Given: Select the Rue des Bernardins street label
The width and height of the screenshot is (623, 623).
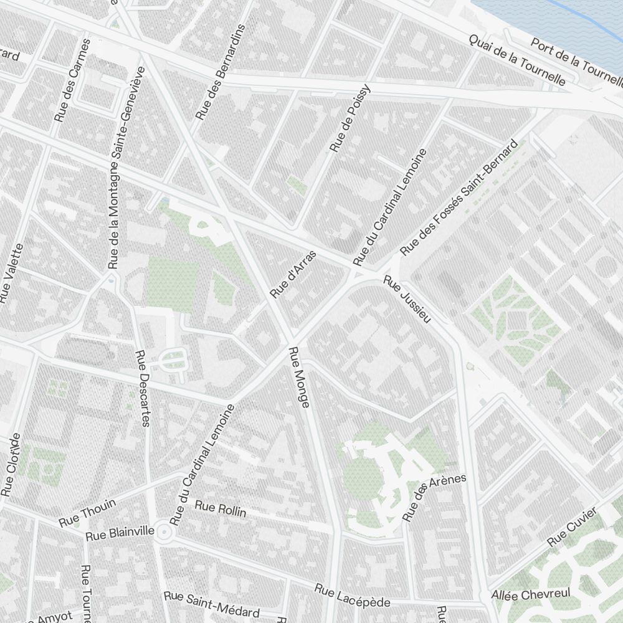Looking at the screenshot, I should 221,72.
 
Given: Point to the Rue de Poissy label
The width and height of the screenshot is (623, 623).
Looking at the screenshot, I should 350,118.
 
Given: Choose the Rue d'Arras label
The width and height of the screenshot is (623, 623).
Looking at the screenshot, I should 293,273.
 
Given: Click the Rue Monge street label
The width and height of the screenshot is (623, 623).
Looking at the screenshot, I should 298,378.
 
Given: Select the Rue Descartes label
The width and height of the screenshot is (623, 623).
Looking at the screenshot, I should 143,388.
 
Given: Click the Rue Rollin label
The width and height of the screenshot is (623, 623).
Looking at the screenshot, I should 221,508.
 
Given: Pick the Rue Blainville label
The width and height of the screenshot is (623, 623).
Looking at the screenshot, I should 120,533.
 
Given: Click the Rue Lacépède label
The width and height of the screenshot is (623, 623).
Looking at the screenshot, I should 352,596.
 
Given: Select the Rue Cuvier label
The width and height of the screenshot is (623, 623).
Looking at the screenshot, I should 572,527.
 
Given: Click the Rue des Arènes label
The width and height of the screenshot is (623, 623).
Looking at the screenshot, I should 434,497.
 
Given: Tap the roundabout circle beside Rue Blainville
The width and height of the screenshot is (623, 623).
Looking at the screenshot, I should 164,532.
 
